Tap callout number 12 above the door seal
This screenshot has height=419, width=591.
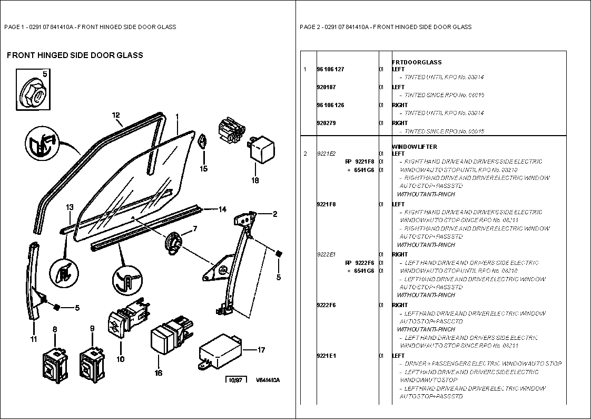(x=116, y=115)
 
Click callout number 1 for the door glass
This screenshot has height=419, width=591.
(x=178, y=116)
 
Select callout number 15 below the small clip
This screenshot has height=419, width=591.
(x=203, y=169)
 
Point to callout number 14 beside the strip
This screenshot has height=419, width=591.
(x=222, y=209)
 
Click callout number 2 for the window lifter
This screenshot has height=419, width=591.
(x=274, y=214)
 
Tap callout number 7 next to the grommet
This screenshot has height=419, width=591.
(x=194, y=228)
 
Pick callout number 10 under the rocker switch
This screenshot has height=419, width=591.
(x=121, y=359)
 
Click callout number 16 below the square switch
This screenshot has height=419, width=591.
(x=159, y=373)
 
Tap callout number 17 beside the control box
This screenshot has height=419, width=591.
(x=262, y=349)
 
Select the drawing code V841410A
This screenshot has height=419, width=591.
(x=268, y=380)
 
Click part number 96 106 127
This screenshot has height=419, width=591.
(x=330, y=69)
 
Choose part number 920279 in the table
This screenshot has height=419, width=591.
(x=326, y=123)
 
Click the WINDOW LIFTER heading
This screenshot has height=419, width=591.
(x=415, y=147)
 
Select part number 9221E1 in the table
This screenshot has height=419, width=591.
(x=326, y=356)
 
